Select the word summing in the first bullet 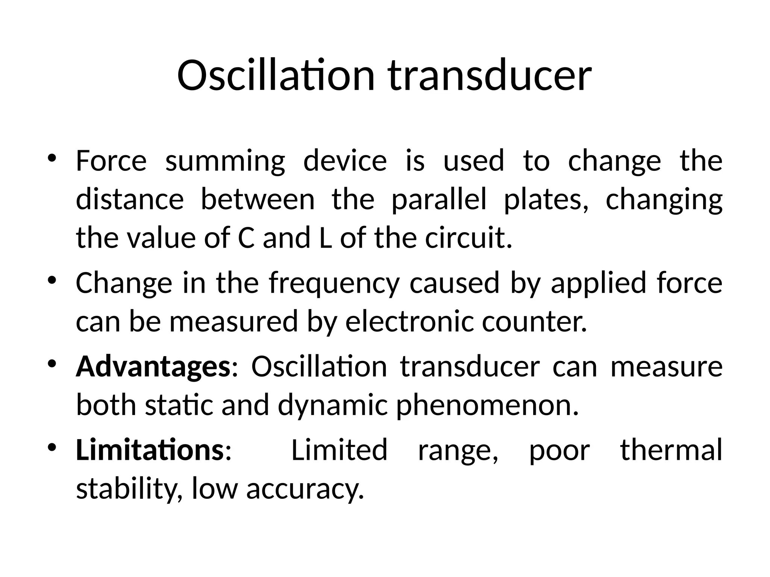225,161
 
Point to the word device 345,160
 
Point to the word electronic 409,322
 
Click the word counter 534,322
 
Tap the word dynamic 332,406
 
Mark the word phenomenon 487,406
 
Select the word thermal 671,450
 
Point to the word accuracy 305,489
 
